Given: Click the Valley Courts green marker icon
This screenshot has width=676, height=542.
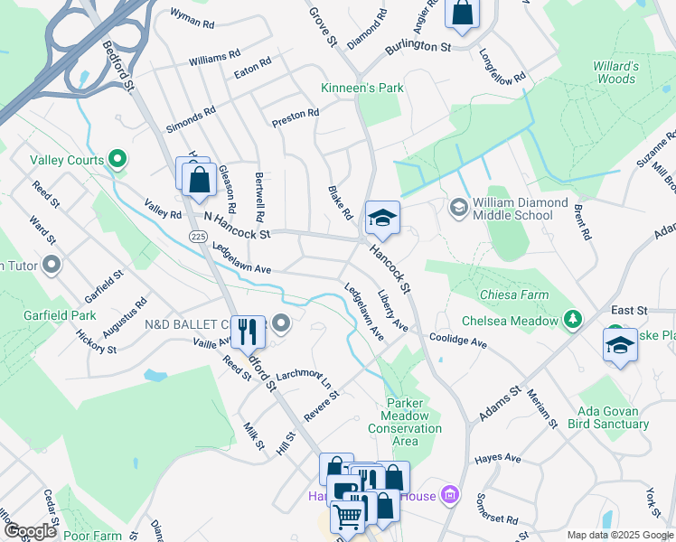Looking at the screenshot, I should [x=116, y=160].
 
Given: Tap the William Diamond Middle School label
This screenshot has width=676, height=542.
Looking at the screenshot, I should [x=512, y=209].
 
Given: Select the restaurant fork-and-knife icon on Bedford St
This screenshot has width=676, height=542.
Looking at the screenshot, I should [x=248, y=331].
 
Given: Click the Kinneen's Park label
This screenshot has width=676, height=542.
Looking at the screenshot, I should [x=362, y=88].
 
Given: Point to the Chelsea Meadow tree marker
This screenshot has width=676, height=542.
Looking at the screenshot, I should [x=572, y=320].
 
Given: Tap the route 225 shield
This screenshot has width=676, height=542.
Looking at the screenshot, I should [x=199, y=236].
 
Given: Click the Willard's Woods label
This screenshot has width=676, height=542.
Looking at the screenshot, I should [x=615, y=72].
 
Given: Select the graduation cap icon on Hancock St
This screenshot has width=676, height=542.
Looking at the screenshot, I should [x=382, y=218].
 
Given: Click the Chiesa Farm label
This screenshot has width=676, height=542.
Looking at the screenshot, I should [x=515, y=294].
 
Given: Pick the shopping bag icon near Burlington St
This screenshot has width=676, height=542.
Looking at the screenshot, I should [x=462, y=13].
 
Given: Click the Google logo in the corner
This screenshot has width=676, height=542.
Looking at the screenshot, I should [x=30, y=531].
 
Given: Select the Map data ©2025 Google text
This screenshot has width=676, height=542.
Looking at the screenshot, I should [x=620, y=535].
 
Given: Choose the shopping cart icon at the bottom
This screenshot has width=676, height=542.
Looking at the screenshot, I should [x=348, y=516].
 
